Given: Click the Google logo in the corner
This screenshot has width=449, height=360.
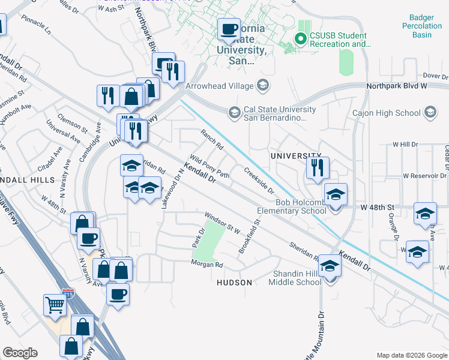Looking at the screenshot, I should (20, 353).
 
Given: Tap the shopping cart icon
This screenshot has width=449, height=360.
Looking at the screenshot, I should (55, 305).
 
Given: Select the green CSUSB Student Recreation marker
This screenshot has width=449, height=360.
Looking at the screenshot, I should (300, 40).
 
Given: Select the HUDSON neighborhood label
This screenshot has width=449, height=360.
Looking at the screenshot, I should (230, 282).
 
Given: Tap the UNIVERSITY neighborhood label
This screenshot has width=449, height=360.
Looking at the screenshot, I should (292, 155).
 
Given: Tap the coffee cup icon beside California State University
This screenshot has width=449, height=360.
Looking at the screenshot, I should (229, 28).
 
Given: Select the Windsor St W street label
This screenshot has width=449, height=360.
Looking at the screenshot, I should (222, 223).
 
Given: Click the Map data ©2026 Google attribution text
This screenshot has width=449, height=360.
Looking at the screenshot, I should (411, 355).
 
